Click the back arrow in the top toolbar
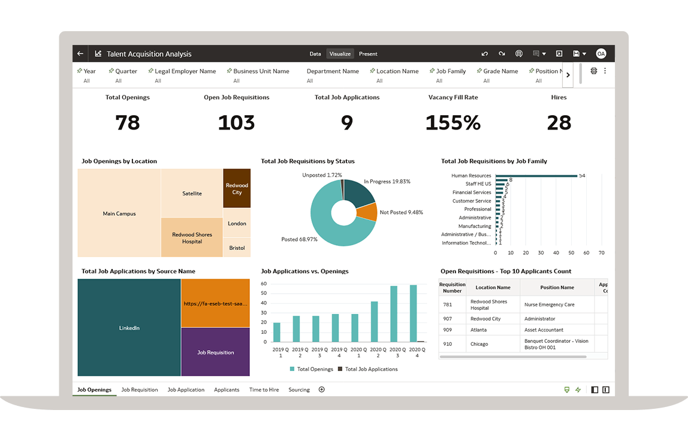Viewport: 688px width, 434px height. pyautogui.click(x=80, y=54)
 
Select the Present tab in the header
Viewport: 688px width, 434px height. pyautogui.click(x=368, y=54)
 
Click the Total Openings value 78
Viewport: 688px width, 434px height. pyautogui.click(x=128, y=123)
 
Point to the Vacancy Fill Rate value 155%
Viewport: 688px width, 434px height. pyautogui.click(x=453, y=123)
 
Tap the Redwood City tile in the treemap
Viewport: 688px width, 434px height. pyautogui.click(x=237, y=188)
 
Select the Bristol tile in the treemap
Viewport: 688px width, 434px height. pyautogui.click(x=237, y=248)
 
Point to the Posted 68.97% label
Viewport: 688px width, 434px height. pyautogui.click(x=299, y=239)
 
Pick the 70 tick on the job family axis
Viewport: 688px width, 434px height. pyautogui.click(x=601, y=253)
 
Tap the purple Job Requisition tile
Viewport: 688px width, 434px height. pyautogui.click(x=215, y=352)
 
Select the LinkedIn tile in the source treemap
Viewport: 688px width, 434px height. pyautogui.click(x=129, y=328)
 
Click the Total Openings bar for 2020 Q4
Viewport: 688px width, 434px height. pyautogui.click(x=413, y=313)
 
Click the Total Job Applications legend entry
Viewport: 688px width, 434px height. pyautogui.click(x=367, y=369)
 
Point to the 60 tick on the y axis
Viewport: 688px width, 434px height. pyautogui.click(x=264, y=284)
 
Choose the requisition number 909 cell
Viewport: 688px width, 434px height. pyautogui.click(x=448, y=330)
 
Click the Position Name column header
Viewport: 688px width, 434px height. pyautogui.click(x=557, y=288)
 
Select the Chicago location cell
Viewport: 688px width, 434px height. pyautogui.click(x=479, y=344)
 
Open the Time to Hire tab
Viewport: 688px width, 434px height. pyautogui.click(x=264, y=390)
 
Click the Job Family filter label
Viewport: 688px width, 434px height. pyautogui.click(x=451, y=71)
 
